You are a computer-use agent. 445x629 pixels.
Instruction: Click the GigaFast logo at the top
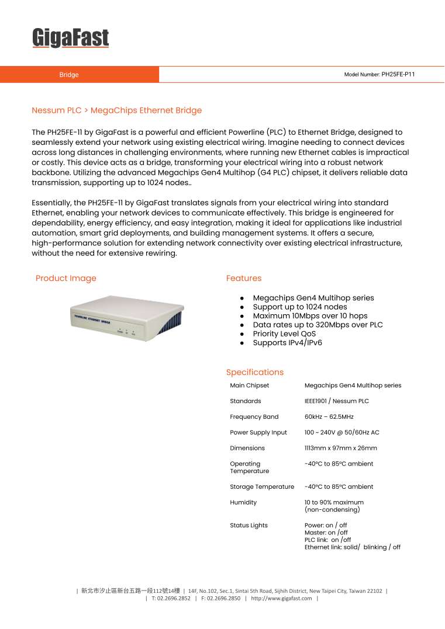point(70,39)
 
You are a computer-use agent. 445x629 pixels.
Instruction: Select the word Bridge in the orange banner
point(69,75)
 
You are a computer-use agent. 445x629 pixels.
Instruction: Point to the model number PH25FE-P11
point(398,75)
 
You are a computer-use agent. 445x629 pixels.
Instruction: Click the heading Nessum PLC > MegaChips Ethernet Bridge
point(116,110)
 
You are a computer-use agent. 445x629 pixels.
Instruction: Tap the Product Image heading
point(65,279)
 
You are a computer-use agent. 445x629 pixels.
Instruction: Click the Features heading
point(244,279)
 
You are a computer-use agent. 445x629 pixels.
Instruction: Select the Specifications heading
point(254,373)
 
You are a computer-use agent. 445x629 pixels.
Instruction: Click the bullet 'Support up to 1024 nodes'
point(299,307)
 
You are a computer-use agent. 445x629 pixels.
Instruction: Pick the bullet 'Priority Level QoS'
point(284,334)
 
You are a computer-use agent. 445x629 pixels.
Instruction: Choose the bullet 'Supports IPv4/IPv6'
point(287,343)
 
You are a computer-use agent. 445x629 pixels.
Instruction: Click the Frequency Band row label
point(254,417)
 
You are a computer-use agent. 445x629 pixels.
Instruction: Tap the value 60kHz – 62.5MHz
point(329,417)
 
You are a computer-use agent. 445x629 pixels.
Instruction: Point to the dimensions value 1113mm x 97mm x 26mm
point(340,449)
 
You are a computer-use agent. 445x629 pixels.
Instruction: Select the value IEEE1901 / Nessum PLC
point(336,401)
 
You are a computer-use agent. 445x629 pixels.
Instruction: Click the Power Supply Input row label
point(258,433)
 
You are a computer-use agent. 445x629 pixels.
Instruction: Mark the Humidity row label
point(243,502)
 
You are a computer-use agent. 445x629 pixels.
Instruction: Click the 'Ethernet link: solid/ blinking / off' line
point(352,547)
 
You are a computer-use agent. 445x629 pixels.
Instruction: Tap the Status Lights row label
point(249,526)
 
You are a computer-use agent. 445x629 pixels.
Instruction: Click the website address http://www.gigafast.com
point(281,599)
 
